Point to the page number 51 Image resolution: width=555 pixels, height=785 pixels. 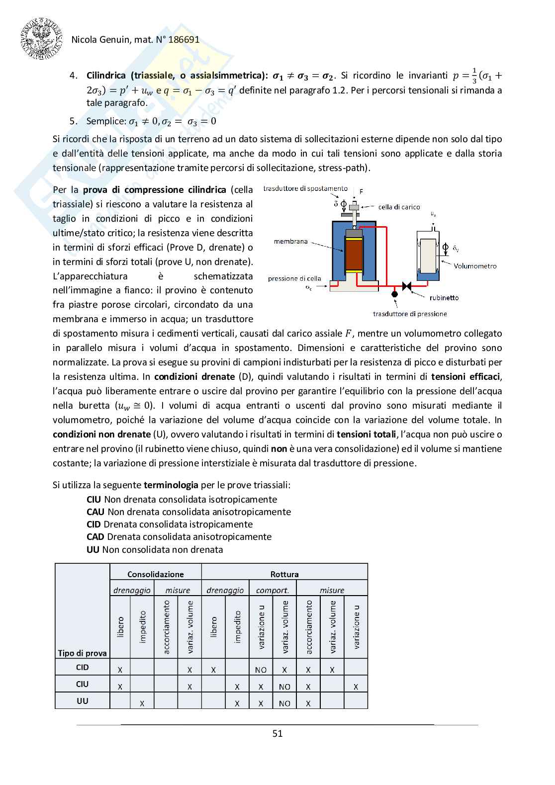coord(277,733)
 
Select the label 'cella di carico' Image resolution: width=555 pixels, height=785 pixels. coord(399,207)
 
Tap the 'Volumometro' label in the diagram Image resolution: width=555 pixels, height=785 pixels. coord(474,266)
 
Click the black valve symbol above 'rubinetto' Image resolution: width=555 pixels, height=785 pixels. coord(407,286)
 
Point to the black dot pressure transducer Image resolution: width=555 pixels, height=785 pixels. coord(394,294)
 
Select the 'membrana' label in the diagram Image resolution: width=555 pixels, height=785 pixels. coord(291,241)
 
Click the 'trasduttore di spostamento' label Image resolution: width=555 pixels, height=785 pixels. coord(305,188)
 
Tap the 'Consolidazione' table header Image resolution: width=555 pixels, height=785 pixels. coord(156,574)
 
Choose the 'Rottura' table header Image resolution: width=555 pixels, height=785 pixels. coord(284,574)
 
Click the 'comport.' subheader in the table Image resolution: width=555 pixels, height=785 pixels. coord(273,590)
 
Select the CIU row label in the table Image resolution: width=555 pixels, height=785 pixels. coord(82,684)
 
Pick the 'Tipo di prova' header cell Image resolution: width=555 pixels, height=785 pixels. coord(82,653)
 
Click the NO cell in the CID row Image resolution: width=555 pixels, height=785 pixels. coord(261,670)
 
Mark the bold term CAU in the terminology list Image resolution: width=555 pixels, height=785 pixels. coord(95,512)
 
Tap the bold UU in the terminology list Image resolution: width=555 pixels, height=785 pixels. coord(93,549)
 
